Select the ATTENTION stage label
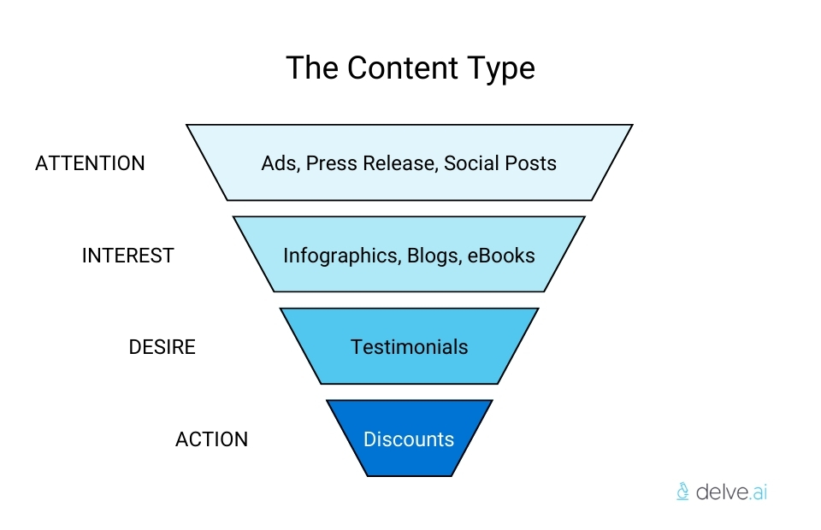coord(90,163)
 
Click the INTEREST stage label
coord(127,256)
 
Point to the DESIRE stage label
coord(162,347)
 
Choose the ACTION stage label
coord(211,439)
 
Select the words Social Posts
coord(500,163)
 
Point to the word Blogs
coord(433,256)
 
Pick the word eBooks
coord(501,256)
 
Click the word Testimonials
coord(409,347)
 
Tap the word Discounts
coord(409,439)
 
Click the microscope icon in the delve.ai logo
coord(682,491)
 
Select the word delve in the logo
coord(719,491)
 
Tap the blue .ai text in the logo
coord(756,491)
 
